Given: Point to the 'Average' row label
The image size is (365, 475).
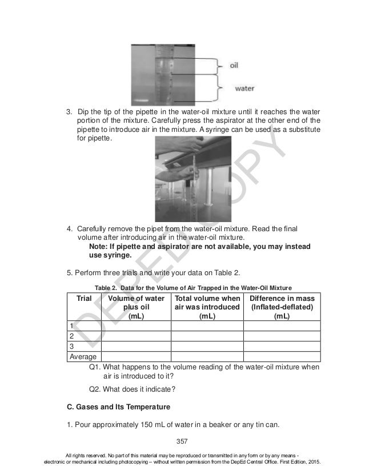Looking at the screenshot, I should pos(83,356).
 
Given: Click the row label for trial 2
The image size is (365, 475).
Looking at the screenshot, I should pos(71,336).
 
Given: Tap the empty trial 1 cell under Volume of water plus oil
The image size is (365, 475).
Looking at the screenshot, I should pos(136,325).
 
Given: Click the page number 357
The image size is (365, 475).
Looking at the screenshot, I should pos(182,440).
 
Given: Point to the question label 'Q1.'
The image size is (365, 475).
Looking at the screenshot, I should pos(96,367).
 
